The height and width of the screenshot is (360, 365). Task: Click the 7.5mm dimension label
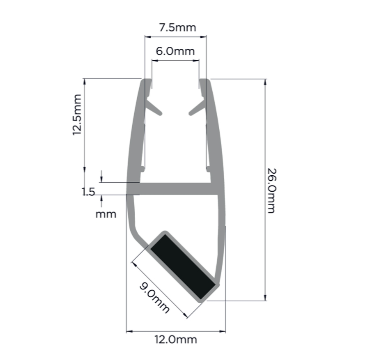point(178,27)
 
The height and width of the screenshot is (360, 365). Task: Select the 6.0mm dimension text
point(175,51)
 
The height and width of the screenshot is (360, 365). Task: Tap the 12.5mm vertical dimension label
point(77,115)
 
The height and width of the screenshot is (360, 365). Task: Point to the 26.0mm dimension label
point(271,191)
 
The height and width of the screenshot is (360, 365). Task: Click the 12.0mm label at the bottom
point(176,340)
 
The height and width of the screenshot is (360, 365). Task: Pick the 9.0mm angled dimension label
point(154,298)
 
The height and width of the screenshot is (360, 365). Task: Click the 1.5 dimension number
point(88,192)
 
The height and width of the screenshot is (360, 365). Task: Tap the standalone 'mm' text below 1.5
point(106,215)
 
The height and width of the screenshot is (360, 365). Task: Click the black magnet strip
point(182,267)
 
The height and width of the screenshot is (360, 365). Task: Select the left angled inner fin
point(153,107)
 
